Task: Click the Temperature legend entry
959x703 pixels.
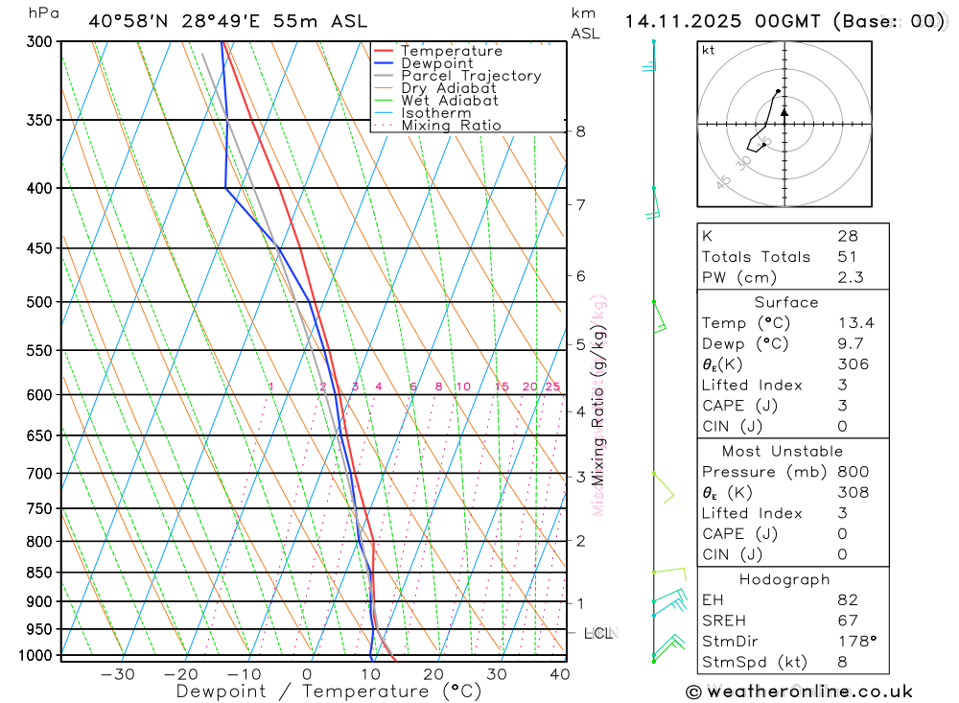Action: click(451, 51)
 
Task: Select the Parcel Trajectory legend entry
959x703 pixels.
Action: click(471, 76)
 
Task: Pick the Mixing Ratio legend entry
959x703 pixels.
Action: click(451, 126)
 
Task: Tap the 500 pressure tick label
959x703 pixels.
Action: click(39, 302)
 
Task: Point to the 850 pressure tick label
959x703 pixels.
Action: click(39, 573)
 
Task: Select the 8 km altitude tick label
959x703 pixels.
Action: click(581, 131)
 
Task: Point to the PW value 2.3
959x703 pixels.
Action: click(851, 278)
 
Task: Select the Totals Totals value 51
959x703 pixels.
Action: click(847, 257)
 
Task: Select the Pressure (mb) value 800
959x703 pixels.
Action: click(853, 472)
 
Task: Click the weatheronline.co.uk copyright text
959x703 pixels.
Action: click(800, 691)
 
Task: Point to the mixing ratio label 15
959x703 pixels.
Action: click(502, 387)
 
